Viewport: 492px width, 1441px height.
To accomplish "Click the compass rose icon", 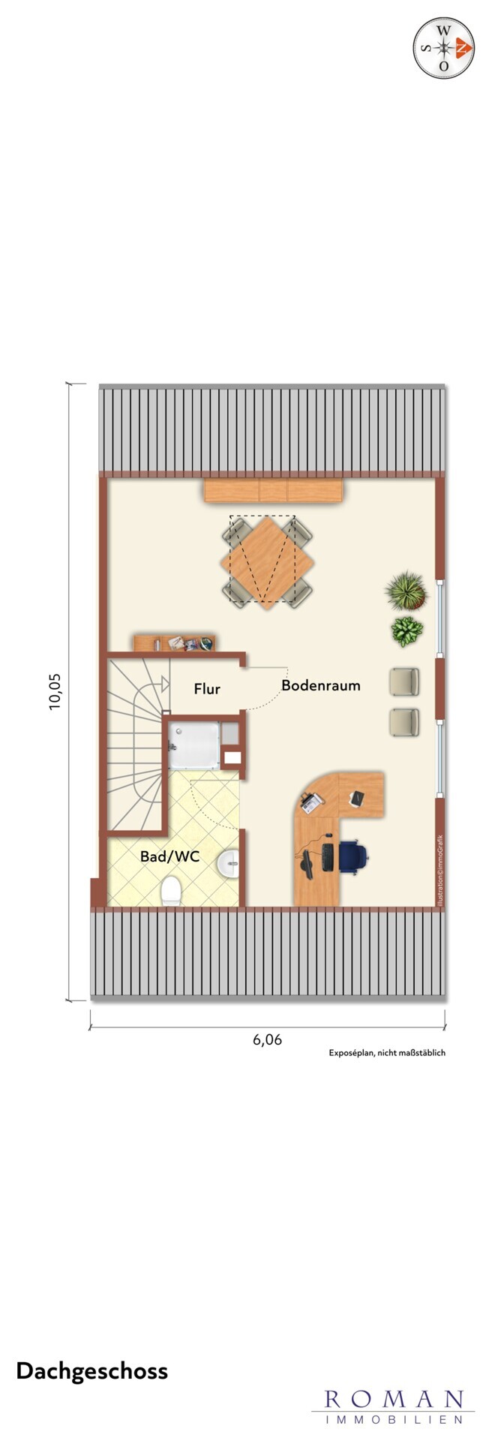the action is click(x=444, y=48).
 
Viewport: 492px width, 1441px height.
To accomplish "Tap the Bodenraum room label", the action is click(x=321, y=685).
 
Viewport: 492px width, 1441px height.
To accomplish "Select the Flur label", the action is click(x=207, y=688).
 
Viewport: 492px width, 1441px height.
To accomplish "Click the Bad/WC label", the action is click(x=169, y=856).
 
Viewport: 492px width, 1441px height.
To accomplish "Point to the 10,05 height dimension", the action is click(x=56, y=691).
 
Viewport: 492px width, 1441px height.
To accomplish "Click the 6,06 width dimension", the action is click(x=268, y=1039).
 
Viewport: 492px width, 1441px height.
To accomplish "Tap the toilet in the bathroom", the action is click(x=171, y=891).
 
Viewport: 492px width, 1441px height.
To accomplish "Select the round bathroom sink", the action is click(x=229, y=865).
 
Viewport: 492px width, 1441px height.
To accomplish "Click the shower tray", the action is click(x=194, y=745).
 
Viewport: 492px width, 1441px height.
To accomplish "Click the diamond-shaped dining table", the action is click(x=262, y=560).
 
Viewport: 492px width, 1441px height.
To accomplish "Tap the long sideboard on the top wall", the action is click(x=274, y=491).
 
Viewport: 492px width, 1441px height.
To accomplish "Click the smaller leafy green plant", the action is click(x=407, y=631).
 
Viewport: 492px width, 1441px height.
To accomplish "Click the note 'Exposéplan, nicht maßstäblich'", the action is click(x=387, y=1053).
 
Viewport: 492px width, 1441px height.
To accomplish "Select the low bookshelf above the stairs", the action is click(x=175, y=643).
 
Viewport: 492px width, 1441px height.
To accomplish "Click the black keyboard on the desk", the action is click(x=328, y=857).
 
